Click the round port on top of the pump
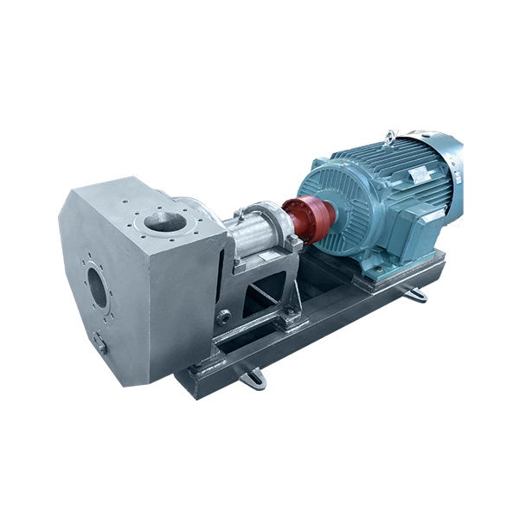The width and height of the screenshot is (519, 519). pos(165,221)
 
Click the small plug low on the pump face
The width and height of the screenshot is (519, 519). pos(100,344)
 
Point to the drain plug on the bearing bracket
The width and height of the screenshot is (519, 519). pos(223,317)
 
